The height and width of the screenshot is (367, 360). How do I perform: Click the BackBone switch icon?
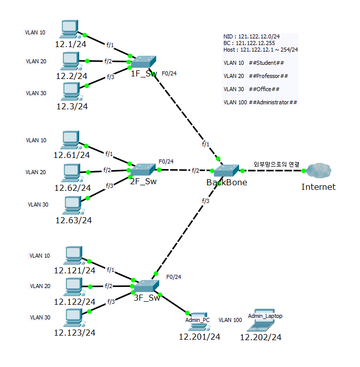tap(226, 171)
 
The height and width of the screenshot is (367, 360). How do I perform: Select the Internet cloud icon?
tap(318, 170)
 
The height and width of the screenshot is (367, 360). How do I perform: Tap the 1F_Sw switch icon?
tap(143, 62)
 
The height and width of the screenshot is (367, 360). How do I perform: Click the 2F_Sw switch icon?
tap(143, 170)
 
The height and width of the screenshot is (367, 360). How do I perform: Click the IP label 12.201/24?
tap(200, 336)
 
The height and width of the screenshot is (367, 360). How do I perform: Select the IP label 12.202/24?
tap(260, 337)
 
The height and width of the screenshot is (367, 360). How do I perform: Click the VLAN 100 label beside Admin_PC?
tap(230, 320)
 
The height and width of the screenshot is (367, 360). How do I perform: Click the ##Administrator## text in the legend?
tap(273, 102)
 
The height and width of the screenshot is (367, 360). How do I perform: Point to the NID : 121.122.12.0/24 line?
tap(251, 37)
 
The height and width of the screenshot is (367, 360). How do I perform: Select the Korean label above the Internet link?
tap(277, 165)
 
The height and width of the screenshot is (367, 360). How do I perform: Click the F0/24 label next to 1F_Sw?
tap(169, 74)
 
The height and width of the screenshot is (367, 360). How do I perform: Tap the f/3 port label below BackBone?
tap(205, 201)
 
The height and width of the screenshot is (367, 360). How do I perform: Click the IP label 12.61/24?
tap(71, 155)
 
